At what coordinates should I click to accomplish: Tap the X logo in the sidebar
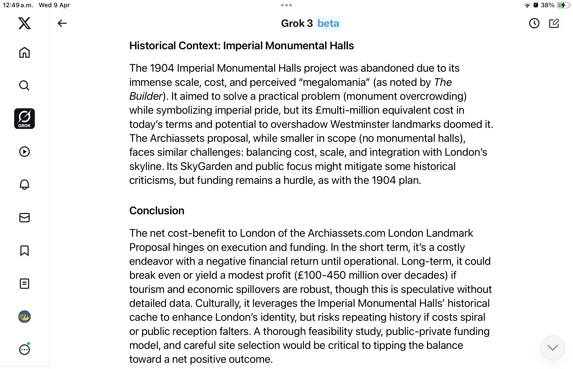click(24, 23)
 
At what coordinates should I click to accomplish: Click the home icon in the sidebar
click(24, 52)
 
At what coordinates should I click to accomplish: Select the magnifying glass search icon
click(24, 85)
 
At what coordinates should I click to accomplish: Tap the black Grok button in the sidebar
click(24, 119)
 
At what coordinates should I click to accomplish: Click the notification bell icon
click(24, 184)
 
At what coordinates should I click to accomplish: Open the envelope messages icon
click(24, 218)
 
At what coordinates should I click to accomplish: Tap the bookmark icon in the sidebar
click(24, 251)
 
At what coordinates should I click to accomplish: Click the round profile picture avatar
click(24, 317)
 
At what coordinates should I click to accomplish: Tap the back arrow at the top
click(62, 23)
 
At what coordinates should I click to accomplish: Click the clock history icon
click(534, 23)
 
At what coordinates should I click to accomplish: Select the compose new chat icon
click(554, 23)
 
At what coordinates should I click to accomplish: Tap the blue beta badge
click(328, 23)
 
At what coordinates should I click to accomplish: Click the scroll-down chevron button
click(552, 347)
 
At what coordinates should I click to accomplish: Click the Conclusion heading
click(157, 211)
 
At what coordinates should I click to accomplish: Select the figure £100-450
click(322, 275)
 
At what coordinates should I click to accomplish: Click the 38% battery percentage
click(547, 5)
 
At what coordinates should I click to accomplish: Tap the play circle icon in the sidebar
click(24, 152)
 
